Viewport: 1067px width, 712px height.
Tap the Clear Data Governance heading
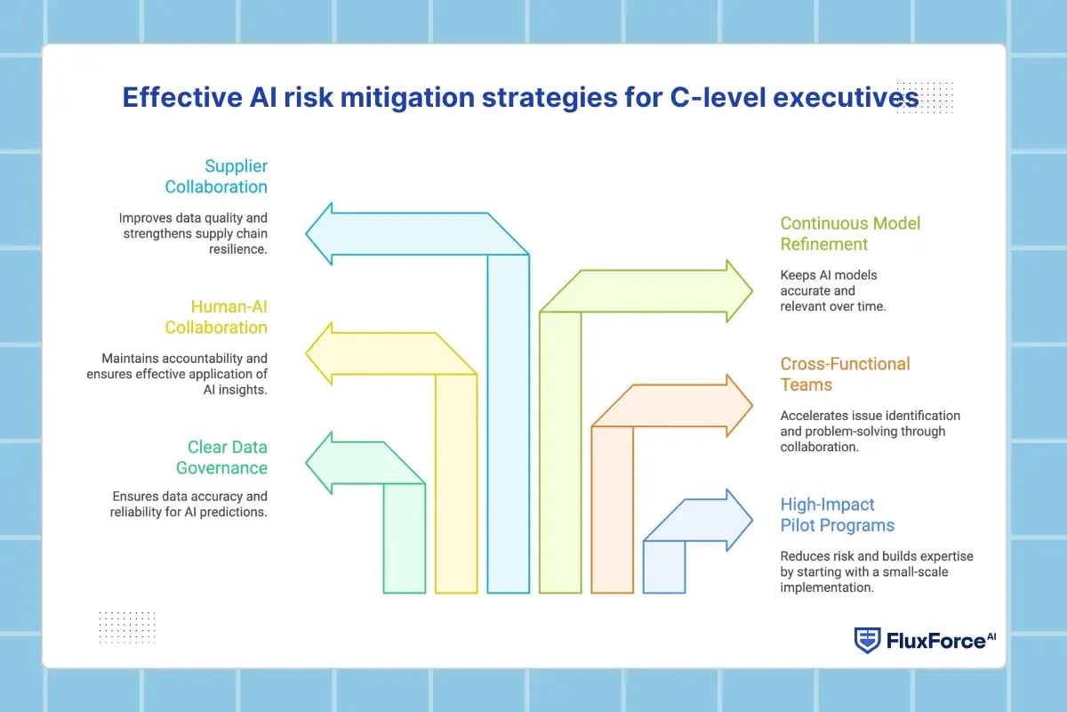click(221, 457)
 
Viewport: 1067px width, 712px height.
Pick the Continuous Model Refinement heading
click(850, 234)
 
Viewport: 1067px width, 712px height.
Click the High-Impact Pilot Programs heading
click(837, 514)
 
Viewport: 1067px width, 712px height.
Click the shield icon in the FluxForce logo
click(867, 640)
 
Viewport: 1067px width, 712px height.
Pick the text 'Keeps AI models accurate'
click(828, 282)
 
